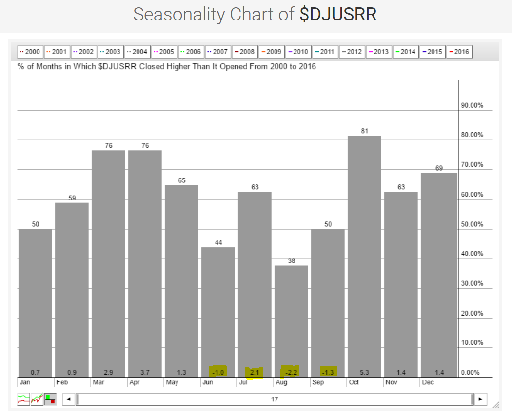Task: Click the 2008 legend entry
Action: pos(244,52)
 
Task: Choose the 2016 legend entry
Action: pos(458,52)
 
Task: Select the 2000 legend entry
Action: pos(29,52)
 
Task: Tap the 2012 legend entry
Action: pos(351,52)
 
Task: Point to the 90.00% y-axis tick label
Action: pos(472,105)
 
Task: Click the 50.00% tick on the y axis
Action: pos(472,224)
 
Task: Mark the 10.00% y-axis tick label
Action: pos(472,343)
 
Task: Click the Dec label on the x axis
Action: pos(428,382)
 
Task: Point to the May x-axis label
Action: pos(172,382)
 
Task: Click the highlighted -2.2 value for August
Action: pos(291,373)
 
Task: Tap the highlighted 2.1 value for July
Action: pos(254,373)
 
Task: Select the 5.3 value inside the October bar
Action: pos(364,373)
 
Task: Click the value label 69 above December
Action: pos(439,168)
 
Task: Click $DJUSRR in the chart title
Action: pos(338,15)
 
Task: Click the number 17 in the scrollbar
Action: pos(275,400)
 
